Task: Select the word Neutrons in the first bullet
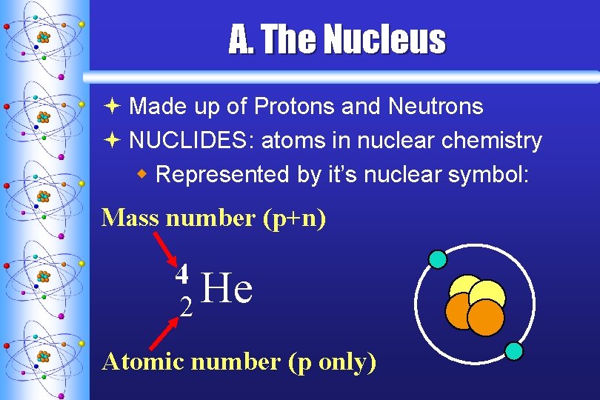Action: coord(436,107)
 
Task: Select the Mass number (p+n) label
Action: coord(213,218)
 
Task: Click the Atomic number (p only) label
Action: coord(239,361)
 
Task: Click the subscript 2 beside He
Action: coord(187,307)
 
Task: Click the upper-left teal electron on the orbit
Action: coord(438,259)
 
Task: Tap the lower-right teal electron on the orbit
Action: coord(513,350)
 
